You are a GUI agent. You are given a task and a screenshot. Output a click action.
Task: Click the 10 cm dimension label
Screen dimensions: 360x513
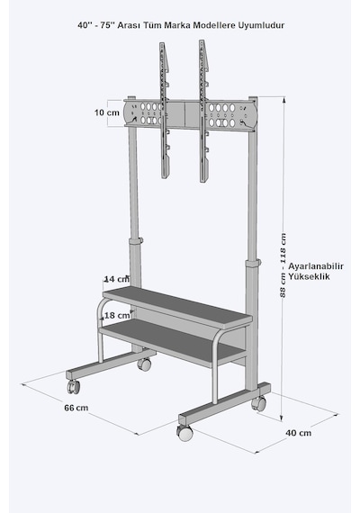pos(107,112)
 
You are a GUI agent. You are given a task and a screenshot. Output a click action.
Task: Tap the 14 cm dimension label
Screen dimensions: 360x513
pos(116,279)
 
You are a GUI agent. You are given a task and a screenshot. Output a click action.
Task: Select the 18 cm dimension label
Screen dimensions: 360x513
pos(117,315)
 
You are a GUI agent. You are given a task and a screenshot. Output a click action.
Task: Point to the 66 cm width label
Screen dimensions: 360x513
pos(76,408)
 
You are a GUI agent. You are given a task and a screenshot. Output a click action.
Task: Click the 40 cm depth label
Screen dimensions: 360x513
pos(299,433)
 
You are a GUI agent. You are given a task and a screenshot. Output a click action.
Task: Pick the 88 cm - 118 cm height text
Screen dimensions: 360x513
pos(283,265)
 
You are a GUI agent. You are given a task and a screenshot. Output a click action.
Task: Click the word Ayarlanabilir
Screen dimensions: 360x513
pos(316,266)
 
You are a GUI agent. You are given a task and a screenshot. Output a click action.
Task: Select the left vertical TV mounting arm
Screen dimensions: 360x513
pos(165,111)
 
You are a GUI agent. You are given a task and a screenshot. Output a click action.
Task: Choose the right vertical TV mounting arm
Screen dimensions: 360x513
pos(204,112)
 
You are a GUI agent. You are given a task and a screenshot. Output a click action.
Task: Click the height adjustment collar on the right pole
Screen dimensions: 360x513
pos(253,263)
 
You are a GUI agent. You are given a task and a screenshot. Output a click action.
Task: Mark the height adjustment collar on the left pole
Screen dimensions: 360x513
pos(136,241)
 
